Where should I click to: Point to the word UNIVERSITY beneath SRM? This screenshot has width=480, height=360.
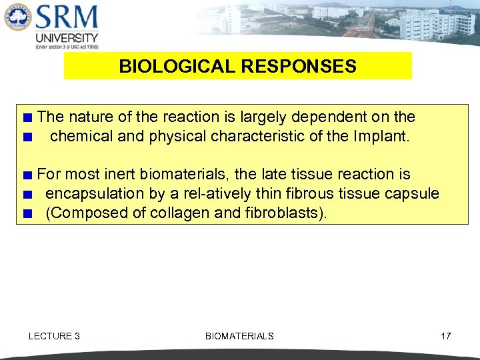67,38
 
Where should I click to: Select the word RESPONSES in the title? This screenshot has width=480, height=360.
294,67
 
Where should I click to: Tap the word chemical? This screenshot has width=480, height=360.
79,137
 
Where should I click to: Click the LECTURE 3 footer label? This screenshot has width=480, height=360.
54,336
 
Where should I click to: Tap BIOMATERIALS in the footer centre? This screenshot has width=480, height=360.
239,336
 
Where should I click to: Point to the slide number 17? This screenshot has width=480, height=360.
445,336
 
